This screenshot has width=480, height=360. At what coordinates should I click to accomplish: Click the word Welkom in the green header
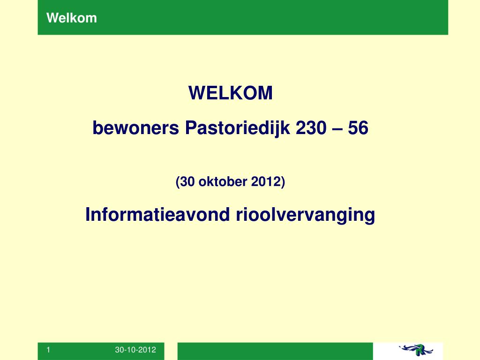point(72,18)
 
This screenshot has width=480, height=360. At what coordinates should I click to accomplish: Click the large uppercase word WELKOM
point(231,93)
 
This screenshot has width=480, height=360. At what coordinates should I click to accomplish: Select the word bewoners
point(135,127)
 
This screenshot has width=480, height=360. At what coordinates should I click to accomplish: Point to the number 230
point(311,127)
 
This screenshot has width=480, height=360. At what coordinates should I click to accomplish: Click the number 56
point(358,127)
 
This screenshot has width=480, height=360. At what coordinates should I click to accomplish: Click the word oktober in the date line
point(223,181)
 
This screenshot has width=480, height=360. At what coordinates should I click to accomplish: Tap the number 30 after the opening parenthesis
point(187,181)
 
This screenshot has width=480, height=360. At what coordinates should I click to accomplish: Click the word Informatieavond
point(157,214)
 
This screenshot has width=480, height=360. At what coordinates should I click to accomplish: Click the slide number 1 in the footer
point(48,350)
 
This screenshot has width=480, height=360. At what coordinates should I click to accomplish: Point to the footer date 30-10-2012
point(135,350)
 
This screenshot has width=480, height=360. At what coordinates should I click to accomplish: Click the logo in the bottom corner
point(416,350)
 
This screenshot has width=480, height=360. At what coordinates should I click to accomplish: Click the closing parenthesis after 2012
point(283,182)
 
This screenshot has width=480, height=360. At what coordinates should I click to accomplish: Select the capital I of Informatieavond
point(88,214)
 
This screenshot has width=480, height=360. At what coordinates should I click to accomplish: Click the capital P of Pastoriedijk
point(191,127)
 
